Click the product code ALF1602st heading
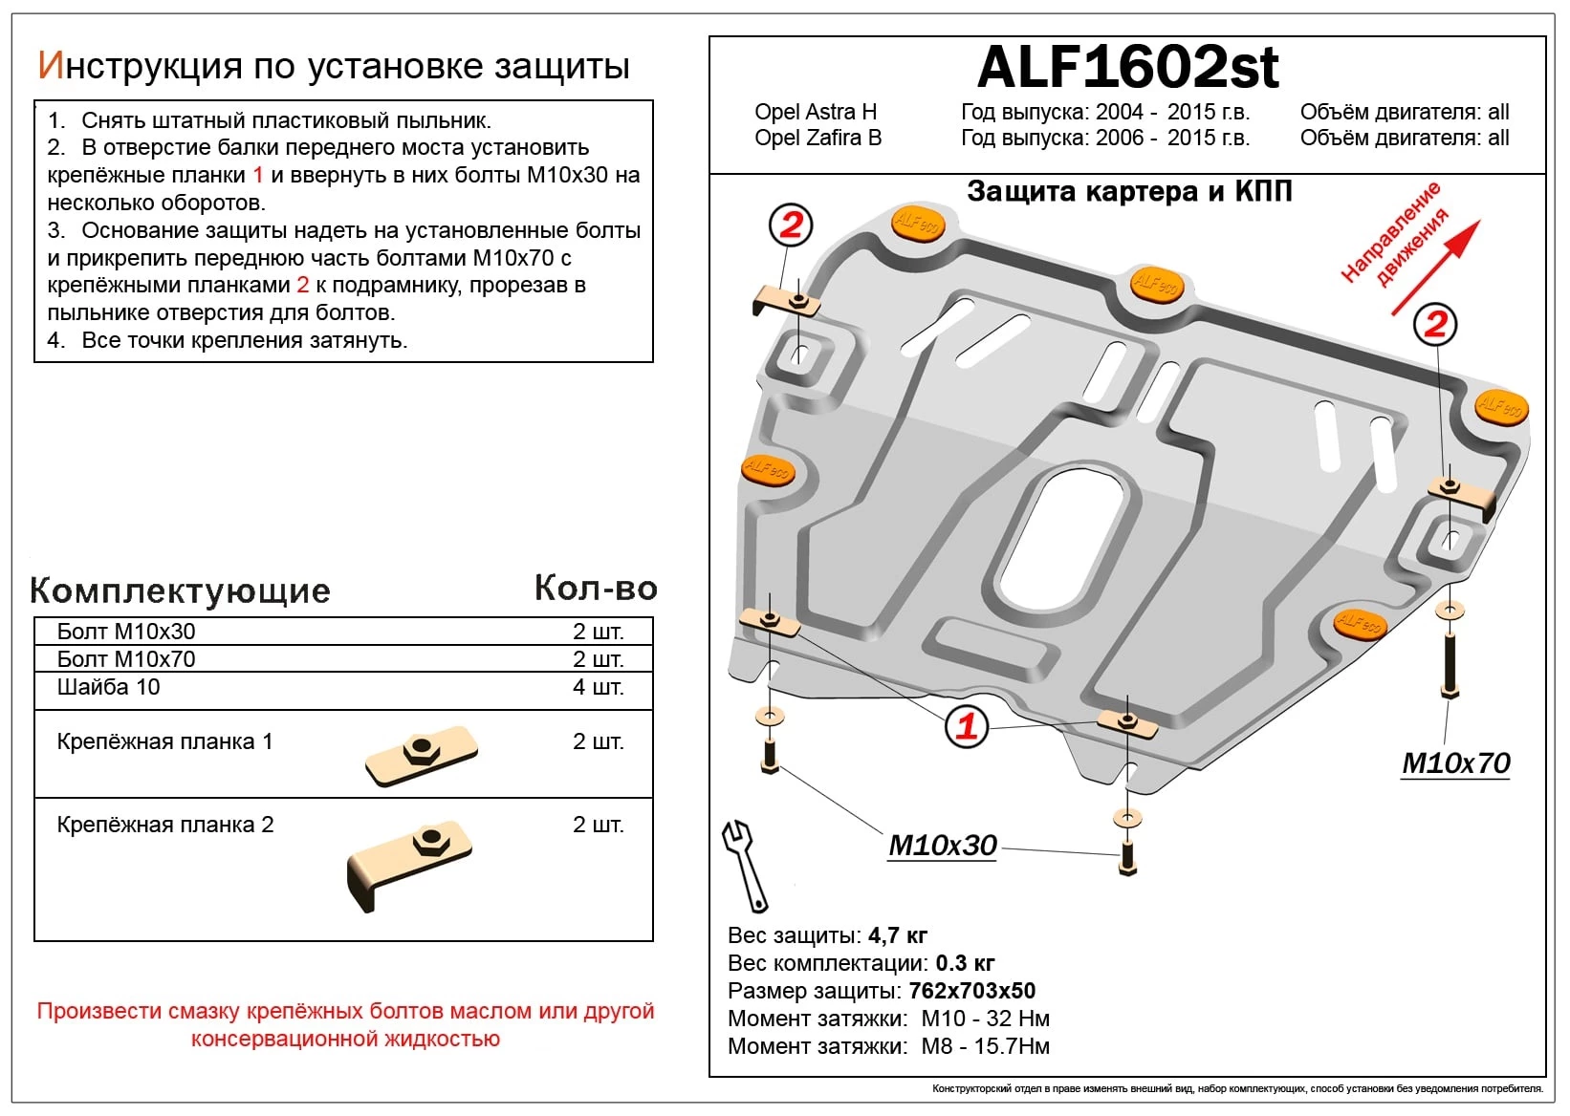(1127, 67)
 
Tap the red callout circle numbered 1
(966, 726)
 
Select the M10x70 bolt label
(1455, 763)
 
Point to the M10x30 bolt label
(942, 846)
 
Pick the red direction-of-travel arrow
(1435, 268)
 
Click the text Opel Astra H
(815, 112)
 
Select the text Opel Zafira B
(818, 138)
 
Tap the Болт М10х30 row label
(125, 632)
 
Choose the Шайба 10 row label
(108, 687)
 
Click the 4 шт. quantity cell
(598, 687)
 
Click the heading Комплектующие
(180, 590)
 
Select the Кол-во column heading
(596, 589)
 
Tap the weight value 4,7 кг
(896, 935)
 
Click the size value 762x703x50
(971, 991)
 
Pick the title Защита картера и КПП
(1128, 191)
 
